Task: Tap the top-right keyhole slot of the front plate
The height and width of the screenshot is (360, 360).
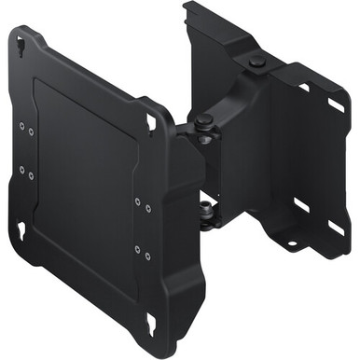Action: pos(152,121)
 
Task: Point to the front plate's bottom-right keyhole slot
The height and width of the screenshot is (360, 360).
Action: pos(151,323)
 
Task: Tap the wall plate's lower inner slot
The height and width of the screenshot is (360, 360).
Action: pos(301,202)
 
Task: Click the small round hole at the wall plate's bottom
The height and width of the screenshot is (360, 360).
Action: pos(290,244)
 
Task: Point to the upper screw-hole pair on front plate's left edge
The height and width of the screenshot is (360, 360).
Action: pos(25,124)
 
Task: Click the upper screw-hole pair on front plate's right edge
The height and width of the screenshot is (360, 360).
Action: pos(140,202)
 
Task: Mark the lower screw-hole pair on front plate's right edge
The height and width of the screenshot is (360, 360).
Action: pos(140,252)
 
